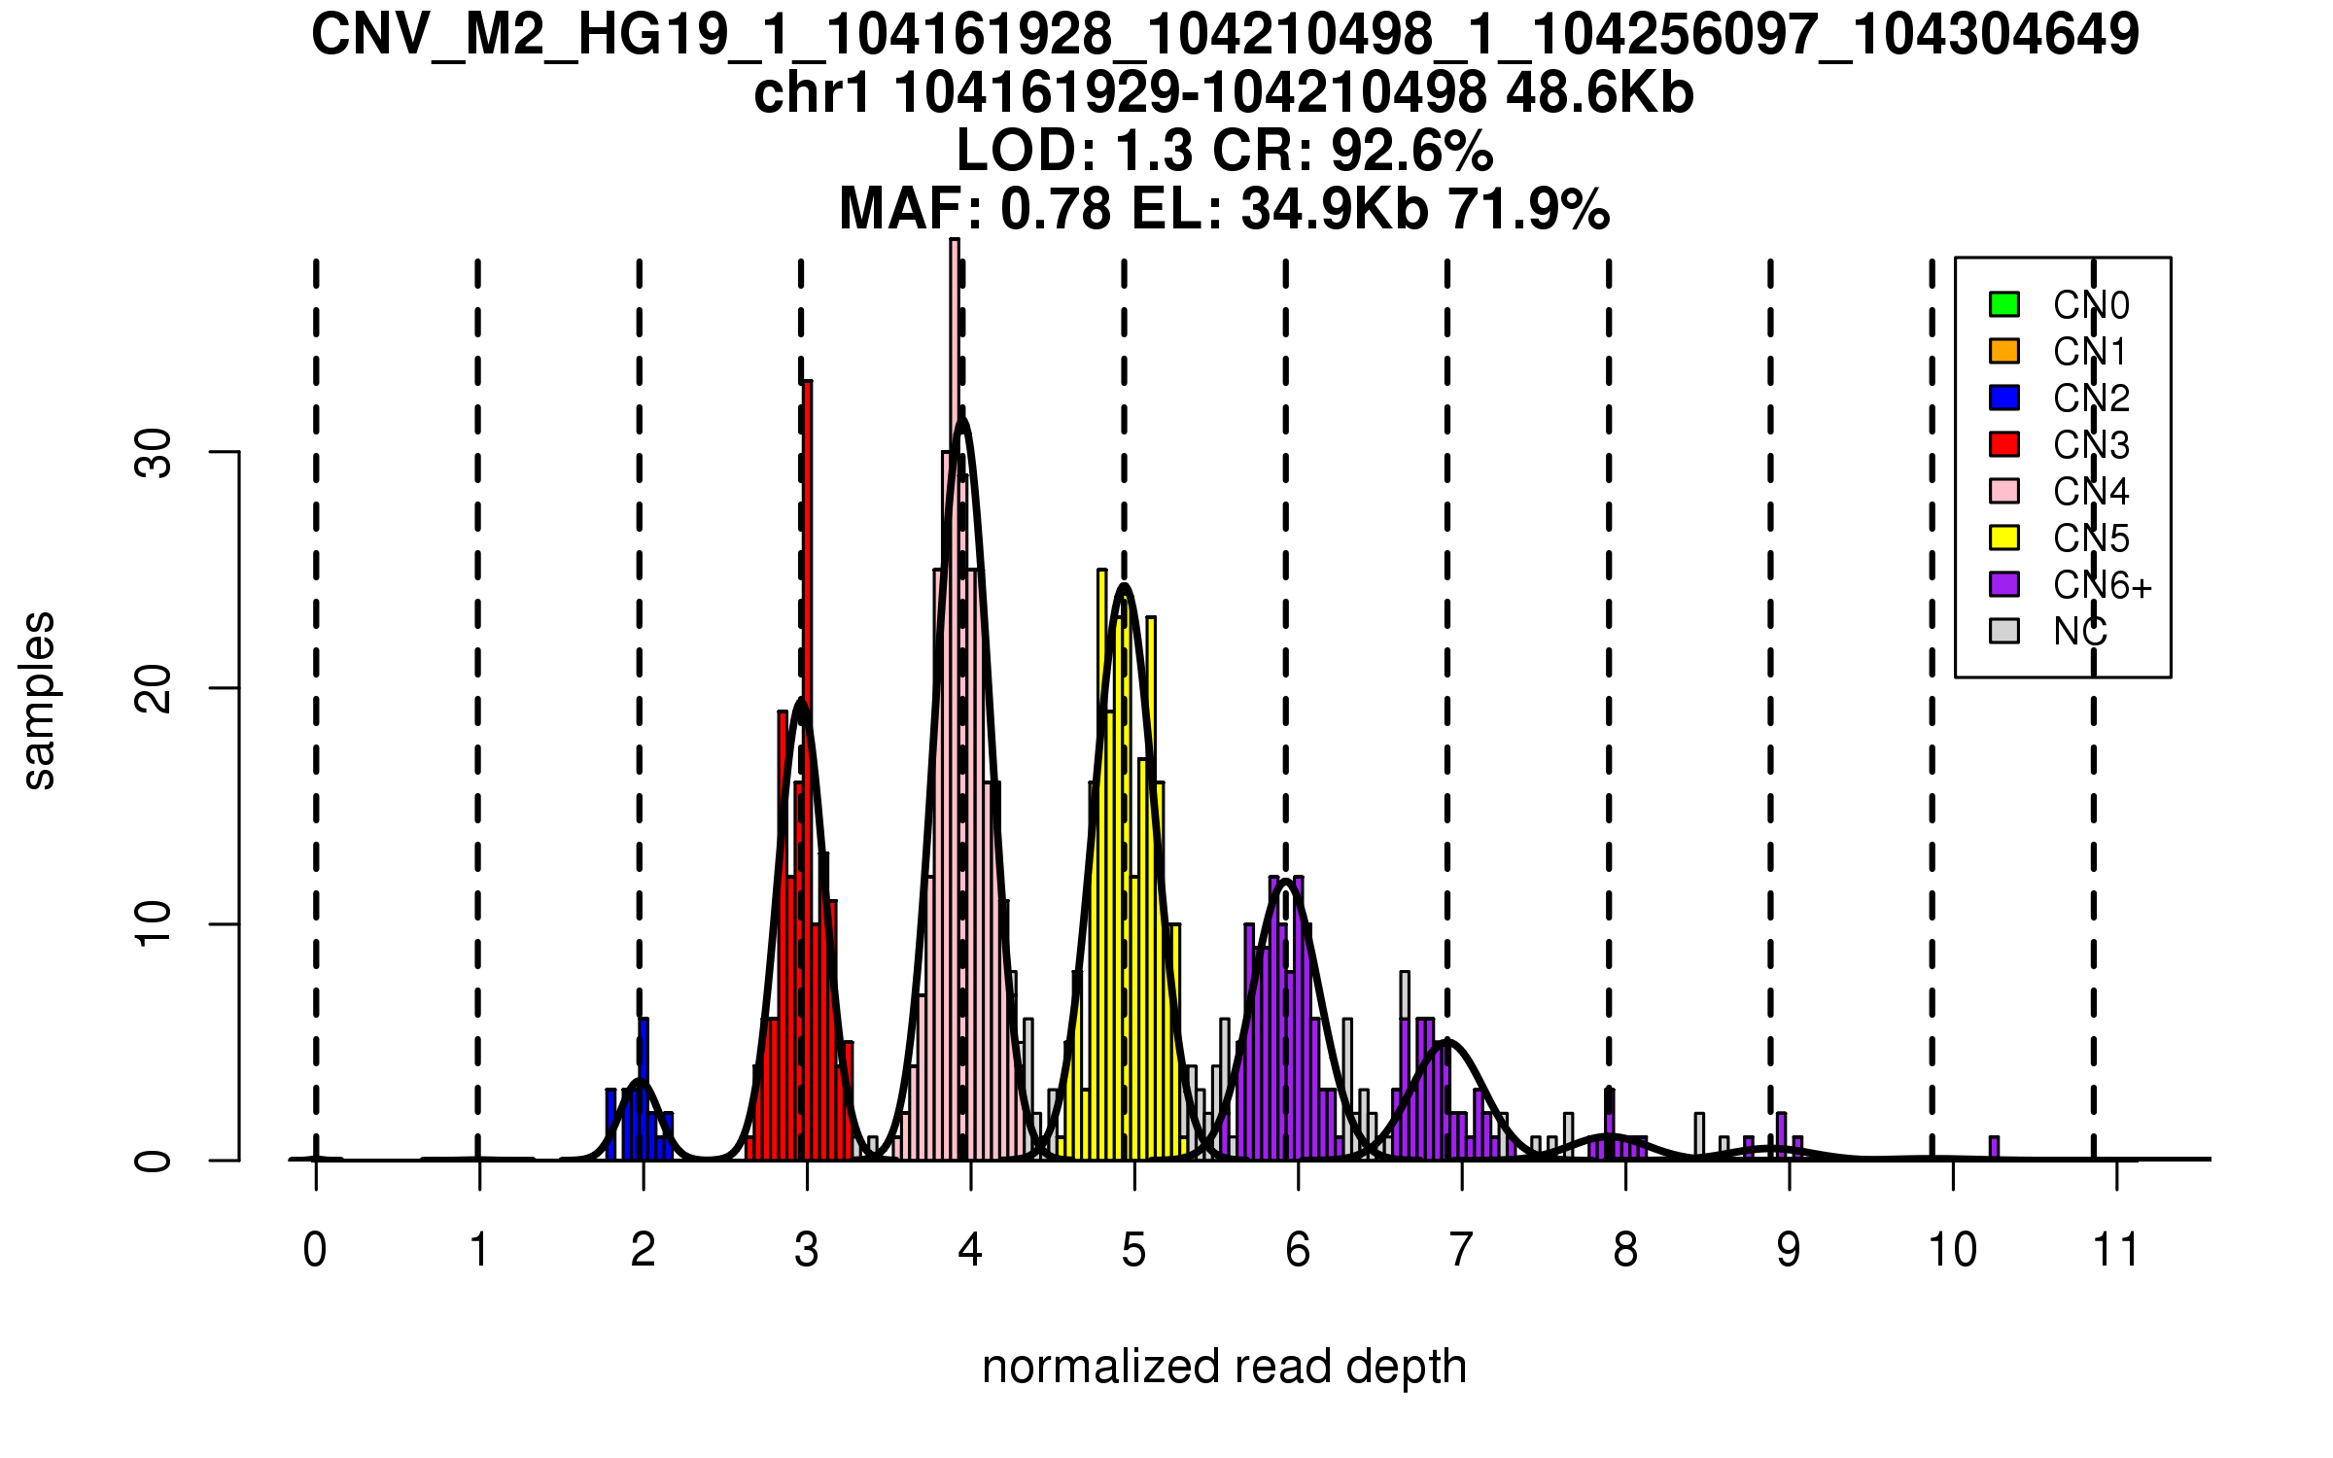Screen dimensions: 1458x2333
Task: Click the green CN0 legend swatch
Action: (x=2004, y=304)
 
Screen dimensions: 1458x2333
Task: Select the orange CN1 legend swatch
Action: (x=2004, y=351)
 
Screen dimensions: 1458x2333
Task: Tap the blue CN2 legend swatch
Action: (x=2004, y=398)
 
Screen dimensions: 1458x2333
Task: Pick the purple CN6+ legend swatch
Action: (x=2004, y=584)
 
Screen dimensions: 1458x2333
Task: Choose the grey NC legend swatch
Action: (x=2004, y=631)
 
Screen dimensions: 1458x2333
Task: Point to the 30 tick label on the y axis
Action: (x=154, y=453)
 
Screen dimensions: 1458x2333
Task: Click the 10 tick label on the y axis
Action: (x=154, y=924)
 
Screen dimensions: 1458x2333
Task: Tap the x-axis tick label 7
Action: (x=1461, y=1250)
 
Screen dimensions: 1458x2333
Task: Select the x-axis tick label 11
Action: (x=2116, y=1250)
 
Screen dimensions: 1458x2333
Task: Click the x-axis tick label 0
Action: (x=315, y=1250)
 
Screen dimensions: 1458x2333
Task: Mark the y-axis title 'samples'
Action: (x=39, y=700)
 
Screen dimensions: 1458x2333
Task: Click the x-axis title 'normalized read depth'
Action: (x=1224, y=1367)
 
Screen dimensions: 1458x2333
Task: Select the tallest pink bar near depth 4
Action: (x=955, y=700)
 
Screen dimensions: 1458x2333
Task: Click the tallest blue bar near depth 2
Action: (x=644, y=1089)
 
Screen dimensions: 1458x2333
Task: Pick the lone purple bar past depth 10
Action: (x=1995, y=1148)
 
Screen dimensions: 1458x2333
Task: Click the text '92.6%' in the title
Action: (x=1411, y=152)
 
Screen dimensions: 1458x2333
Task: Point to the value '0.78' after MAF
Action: (x=1056, y=209)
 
